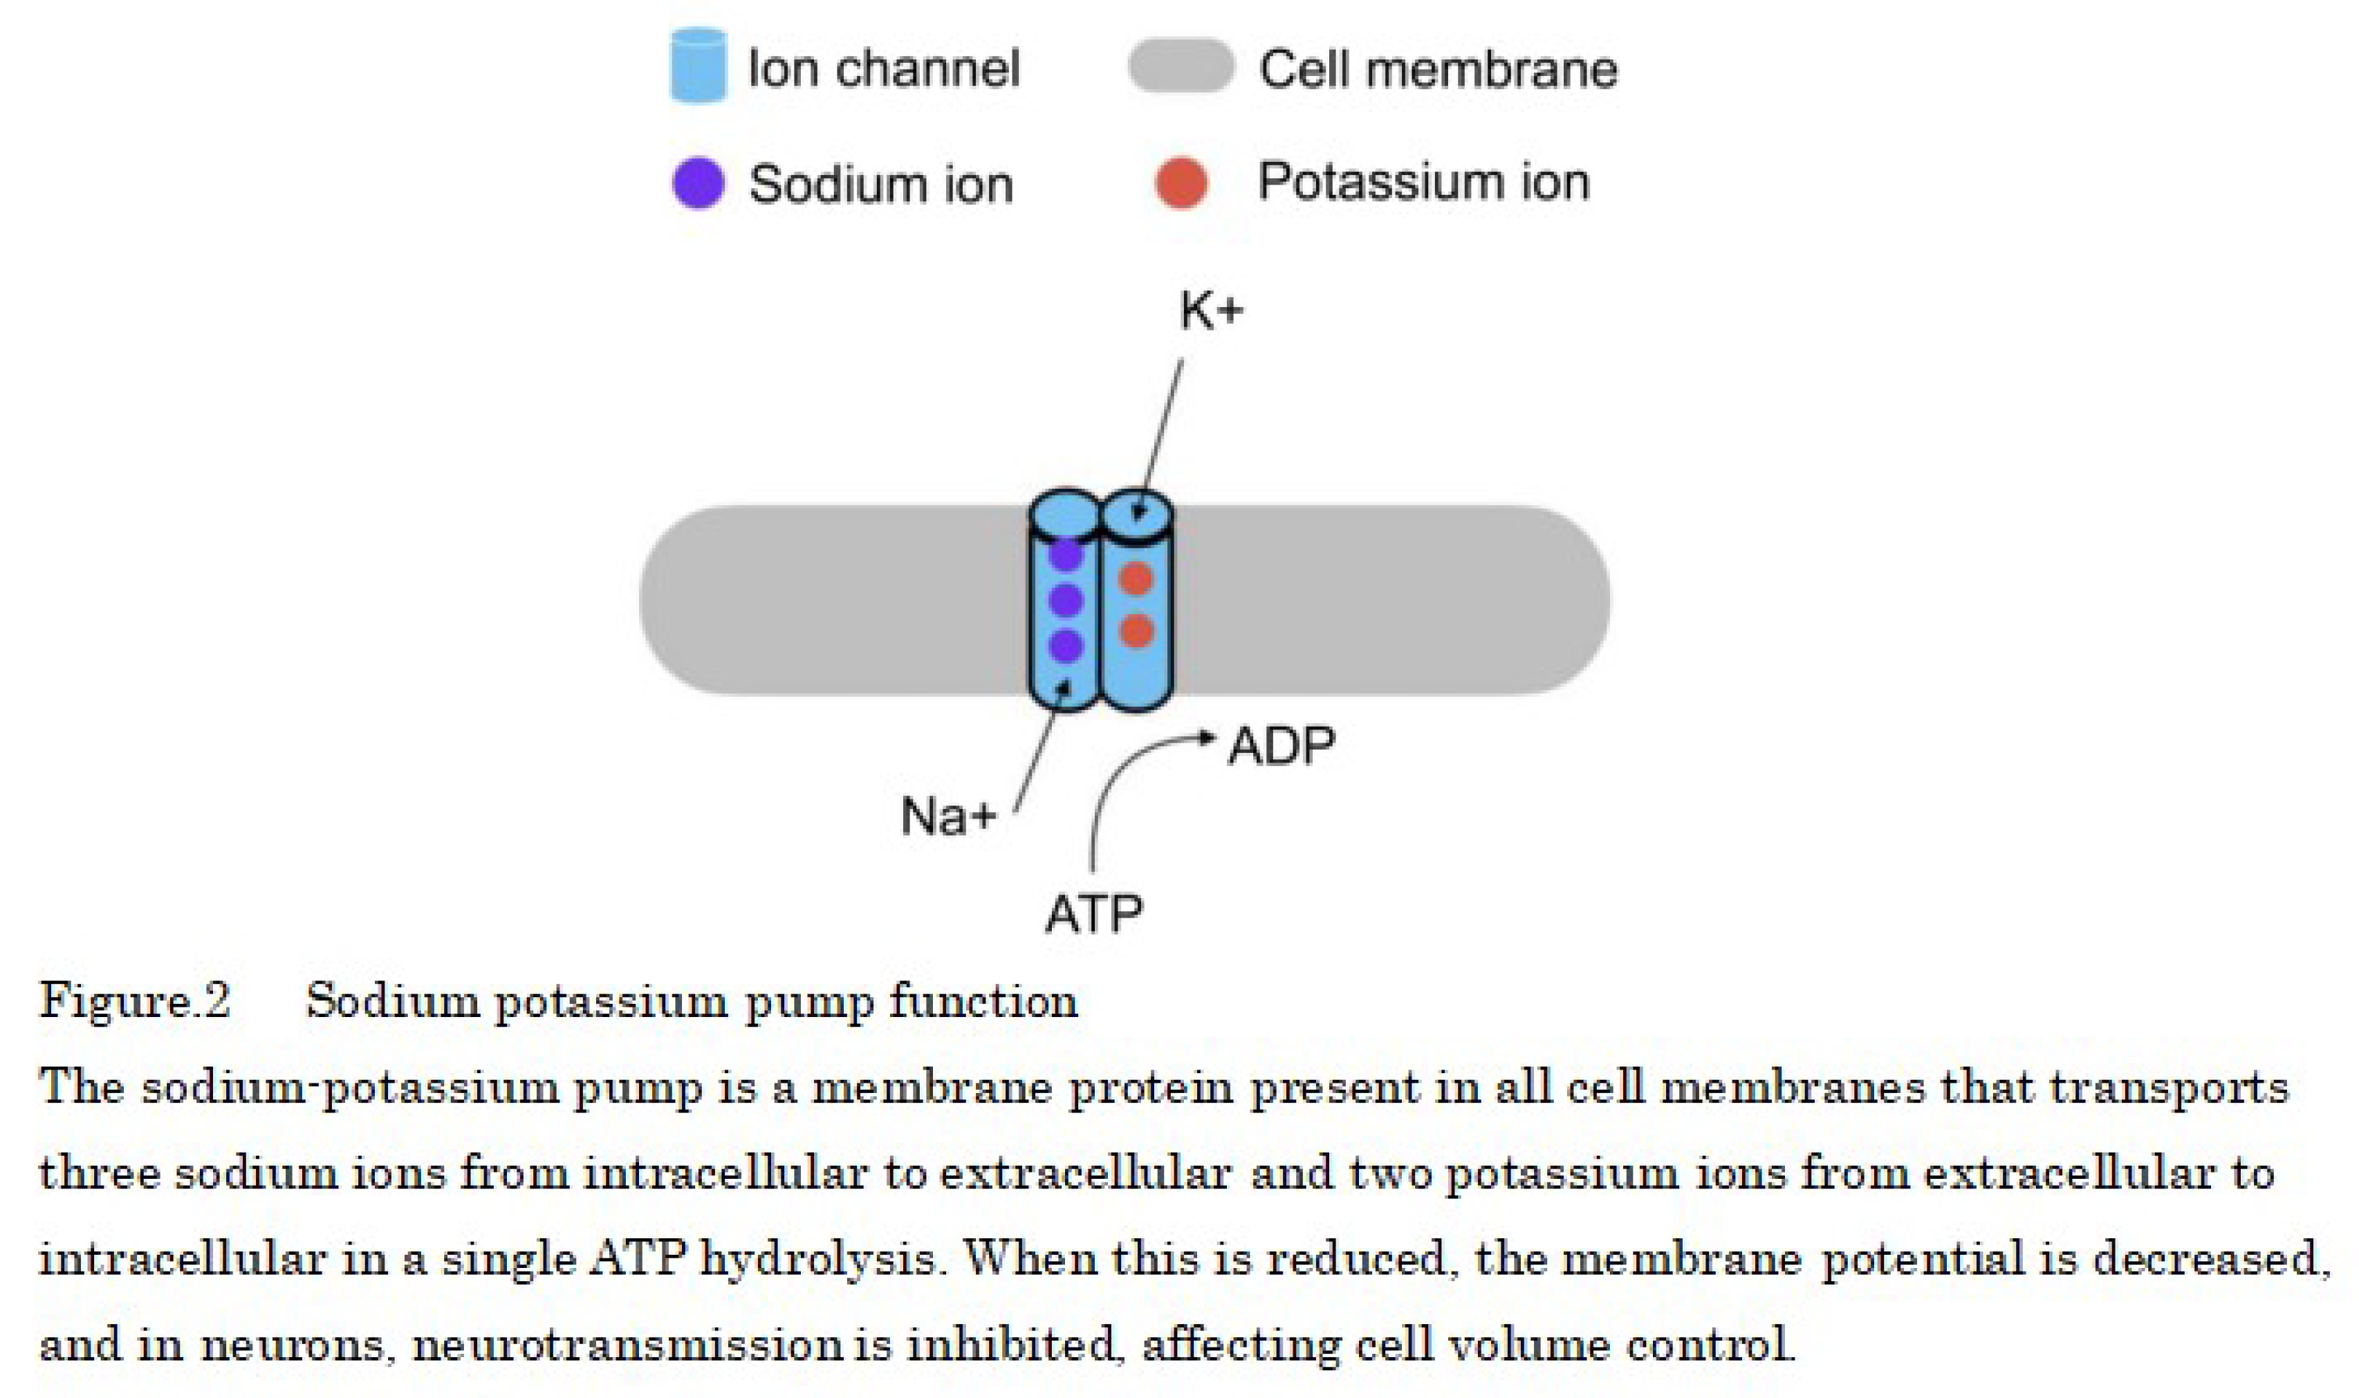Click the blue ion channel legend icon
[698, 65]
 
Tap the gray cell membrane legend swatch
[1181, 66]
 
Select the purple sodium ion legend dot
[698, 182]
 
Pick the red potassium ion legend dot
[1181, 182]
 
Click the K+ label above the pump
[1210, 312]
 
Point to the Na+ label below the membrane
[947, 816]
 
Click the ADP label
[1282, 747]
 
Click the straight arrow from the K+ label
[1160, 434]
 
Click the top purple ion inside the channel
[1066, 554]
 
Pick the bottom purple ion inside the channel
[1066, 646]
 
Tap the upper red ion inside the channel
[1137, 579]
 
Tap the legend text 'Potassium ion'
[1423, 182]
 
